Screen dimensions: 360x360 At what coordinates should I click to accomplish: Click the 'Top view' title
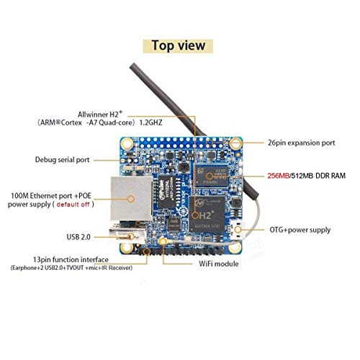[x=179, y=45]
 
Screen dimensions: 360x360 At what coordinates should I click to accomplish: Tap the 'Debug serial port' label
[x=62, y=160]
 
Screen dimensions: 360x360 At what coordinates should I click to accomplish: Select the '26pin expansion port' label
[x=301, y=143]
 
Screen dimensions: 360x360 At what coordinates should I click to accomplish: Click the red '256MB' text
[x=279, y=176]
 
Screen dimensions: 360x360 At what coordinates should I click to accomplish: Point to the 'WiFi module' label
[x=219, y=264]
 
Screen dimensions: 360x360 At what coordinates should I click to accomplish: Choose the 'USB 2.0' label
[x=78, y=237]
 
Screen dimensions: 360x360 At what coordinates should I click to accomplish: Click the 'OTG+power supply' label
[x=300, y=230]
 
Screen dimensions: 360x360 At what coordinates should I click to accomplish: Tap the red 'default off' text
[x=73, y=204]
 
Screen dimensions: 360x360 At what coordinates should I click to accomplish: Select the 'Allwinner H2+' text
[x=100, y=114]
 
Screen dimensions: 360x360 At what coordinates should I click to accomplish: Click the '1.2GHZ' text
[x=150, y=122]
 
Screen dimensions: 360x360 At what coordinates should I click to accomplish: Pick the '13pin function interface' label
[x=71, y=260]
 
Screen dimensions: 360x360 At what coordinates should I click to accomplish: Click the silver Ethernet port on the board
[x=131, y=198]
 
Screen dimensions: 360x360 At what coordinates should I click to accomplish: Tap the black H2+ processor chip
[x=207, y=215]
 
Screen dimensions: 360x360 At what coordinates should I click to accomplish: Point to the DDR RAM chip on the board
[x=212, y=176]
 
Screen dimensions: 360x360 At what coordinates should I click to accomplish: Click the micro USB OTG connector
[x=237, y=230]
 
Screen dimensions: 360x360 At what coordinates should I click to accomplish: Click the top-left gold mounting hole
[x=127, y=144]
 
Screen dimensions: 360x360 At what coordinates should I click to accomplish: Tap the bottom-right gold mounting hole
[x=235, y=248]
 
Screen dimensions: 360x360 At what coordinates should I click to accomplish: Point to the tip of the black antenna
[x=132, y=66]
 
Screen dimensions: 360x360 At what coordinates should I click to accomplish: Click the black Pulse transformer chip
[x=167, y=192]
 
